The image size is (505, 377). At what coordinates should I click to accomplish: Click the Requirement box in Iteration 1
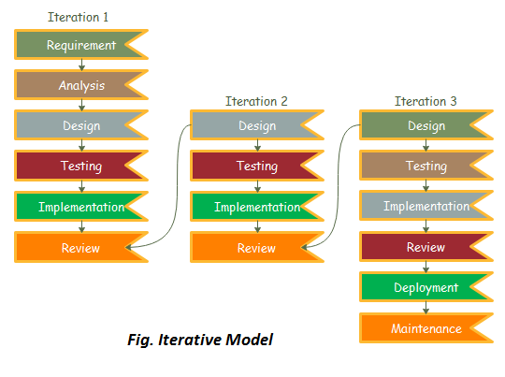[x=80, y=45]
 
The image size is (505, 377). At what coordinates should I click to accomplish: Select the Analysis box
[x=80, y=85]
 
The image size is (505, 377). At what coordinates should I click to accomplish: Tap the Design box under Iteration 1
[x=80, y=126]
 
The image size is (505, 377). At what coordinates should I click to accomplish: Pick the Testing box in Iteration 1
[x=80, y=167]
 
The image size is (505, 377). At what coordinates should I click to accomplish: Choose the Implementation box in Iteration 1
[x=80, y=207]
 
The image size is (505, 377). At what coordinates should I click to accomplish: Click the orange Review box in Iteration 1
[x=80, y=248]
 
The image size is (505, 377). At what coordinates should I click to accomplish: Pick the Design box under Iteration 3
[x=426, y=126]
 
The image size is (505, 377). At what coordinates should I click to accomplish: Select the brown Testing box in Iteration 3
[x=426, y=167]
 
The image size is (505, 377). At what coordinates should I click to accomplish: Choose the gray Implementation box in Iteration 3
[x=426, y=207]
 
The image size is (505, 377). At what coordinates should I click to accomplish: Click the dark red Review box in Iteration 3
[x=426, y=248]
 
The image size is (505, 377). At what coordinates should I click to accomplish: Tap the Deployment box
[x=426, y=288]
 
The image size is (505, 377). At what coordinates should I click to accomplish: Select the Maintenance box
[x=426, y=328]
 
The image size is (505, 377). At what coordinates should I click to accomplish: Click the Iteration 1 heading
[x=79, y=18]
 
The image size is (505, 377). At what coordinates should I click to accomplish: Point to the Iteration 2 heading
[x=256, y=101]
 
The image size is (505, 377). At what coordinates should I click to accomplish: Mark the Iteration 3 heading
[x=426, y=101]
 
